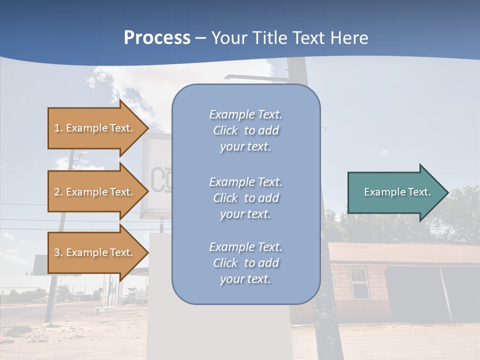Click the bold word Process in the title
pos(157,38)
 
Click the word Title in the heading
pos(269,38)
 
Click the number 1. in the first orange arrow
pos(58,128)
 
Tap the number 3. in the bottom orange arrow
pos(58,252)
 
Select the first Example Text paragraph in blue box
pos(245,130)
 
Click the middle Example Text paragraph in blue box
pos(245,198)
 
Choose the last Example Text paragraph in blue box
pos(245,263)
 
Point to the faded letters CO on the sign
pos(161,180)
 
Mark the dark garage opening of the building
pos(412,292)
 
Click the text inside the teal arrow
pos(397,192)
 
